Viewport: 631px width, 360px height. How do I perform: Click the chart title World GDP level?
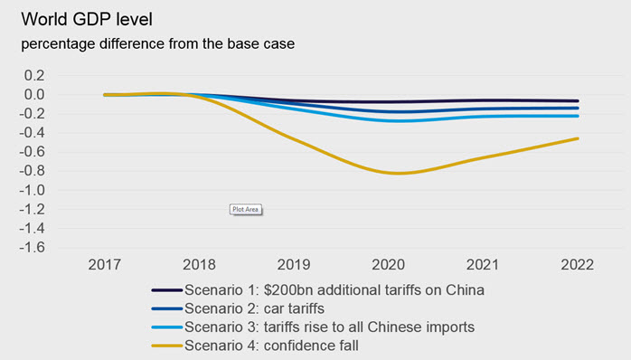tap(87, 19)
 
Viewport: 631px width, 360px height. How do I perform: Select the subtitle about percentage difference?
tap(157, 43)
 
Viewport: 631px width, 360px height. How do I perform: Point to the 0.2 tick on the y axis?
tap(34, 75)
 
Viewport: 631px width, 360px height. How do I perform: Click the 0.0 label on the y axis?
tap(34, 95)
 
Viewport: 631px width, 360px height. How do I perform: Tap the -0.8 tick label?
tap(32, 171)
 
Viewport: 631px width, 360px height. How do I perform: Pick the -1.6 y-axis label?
tap(32, 247)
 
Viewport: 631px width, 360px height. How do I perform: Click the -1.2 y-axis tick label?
tap(32, 209)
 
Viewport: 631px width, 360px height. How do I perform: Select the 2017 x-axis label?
tap(105, 264)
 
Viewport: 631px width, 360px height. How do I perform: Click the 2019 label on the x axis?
tap(294, 264)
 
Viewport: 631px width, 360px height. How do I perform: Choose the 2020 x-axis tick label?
tap(389, 264)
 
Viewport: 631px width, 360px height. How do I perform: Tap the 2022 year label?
tap(578, 264)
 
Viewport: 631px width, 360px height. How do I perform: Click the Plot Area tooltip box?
tap(246, 209)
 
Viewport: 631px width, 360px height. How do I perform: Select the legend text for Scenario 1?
tap(334, 290)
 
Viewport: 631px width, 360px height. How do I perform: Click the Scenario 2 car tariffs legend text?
tap(254, 308)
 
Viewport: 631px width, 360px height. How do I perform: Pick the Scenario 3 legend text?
tap(330, 327)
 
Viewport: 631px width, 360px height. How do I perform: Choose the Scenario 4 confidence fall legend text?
tap(271, 346)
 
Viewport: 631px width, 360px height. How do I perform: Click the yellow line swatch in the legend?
tap(167, 346)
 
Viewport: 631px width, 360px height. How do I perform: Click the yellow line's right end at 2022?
tap(578, 138)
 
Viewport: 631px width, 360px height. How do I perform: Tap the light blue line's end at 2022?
tap(578, 116)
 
